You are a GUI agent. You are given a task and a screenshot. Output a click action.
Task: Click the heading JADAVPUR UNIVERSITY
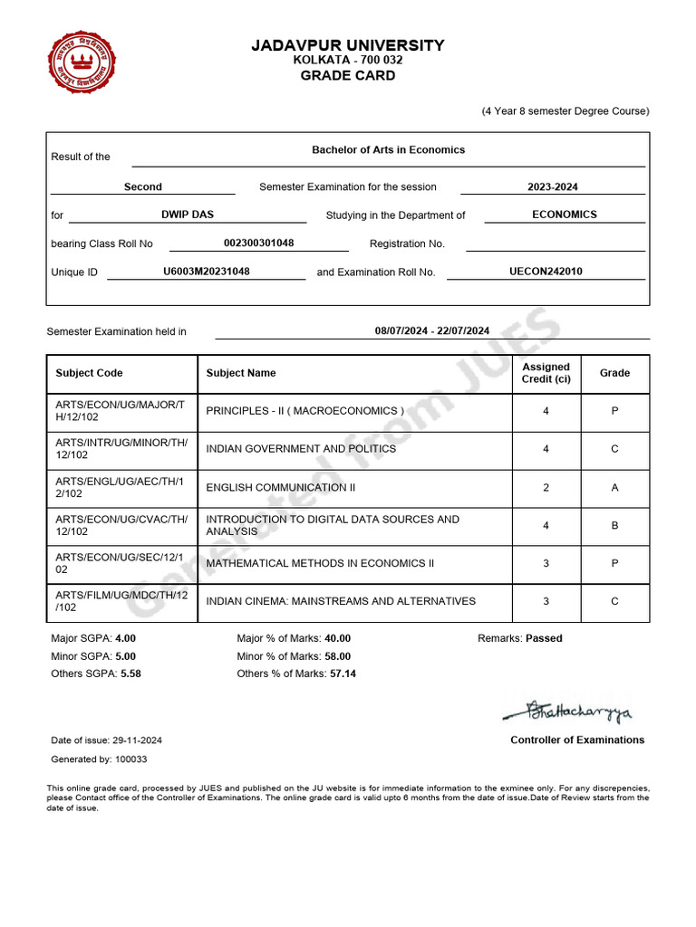point(348,45)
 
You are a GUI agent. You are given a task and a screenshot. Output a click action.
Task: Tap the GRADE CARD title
point(348,76)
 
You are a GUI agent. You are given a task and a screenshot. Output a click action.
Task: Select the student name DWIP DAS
point(188,215)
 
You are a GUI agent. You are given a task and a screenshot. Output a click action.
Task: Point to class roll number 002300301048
point(258,244)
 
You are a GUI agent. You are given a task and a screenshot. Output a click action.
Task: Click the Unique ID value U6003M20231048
point(207,272)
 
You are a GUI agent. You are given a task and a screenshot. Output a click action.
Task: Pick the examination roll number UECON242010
point(546,272)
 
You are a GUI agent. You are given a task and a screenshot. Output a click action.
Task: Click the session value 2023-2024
point(553,187)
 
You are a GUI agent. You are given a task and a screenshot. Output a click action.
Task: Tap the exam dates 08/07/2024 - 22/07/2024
point(432,331)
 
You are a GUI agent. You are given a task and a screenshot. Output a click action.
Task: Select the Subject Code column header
point(89,373)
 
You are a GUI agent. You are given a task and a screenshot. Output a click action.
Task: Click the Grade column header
point(614,373)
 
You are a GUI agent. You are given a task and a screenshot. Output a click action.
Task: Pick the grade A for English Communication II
point(614,488)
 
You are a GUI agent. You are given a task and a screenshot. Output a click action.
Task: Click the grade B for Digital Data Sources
point(614,525)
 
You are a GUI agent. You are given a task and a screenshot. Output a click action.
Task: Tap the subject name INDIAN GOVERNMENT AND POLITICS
point(301,449)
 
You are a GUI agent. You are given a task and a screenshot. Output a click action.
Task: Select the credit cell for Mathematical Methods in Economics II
point(546,563)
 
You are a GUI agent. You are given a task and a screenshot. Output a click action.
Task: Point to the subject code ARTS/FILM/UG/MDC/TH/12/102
point(121,601)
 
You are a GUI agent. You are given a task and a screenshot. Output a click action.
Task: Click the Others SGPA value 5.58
point(130,674)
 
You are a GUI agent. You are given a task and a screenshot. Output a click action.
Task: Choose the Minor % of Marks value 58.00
point(337,656)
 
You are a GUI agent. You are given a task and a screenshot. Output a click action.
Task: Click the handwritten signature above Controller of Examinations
point(569,712)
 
